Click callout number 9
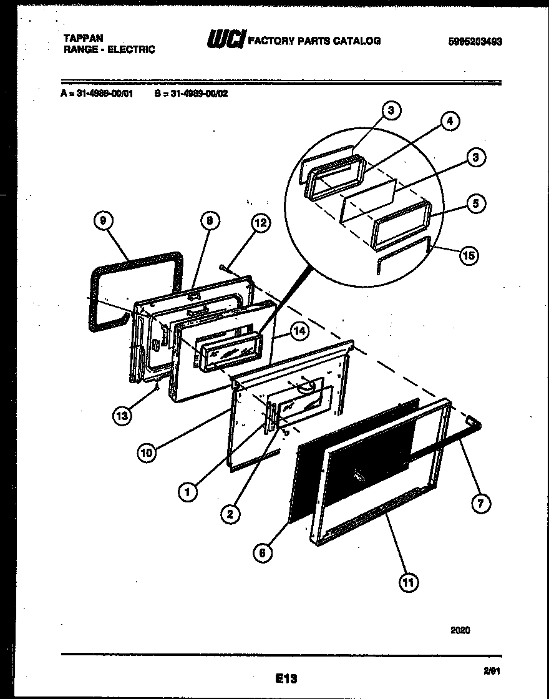(x=104, y=221)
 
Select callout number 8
(x=210, y=220)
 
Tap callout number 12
(x=262, y=223)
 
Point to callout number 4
(x=450, y=121)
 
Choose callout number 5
(x=477, y=204)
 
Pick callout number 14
(x=300, y=331)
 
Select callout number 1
(x=187, y=492)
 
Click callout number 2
(x=230, y=514)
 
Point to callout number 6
(x=264, y=552)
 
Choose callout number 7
(x=480, y=503)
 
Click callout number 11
(x=409, y=582)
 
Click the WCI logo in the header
(x=226, y=40)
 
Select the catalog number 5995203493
(x=475, y=42)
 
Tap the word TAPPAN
(x=83, y=37)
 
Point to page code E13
(x=285, y=678)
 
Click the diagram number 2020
(x=460, y=630)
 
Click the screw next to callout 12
(x=223, y=268)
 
